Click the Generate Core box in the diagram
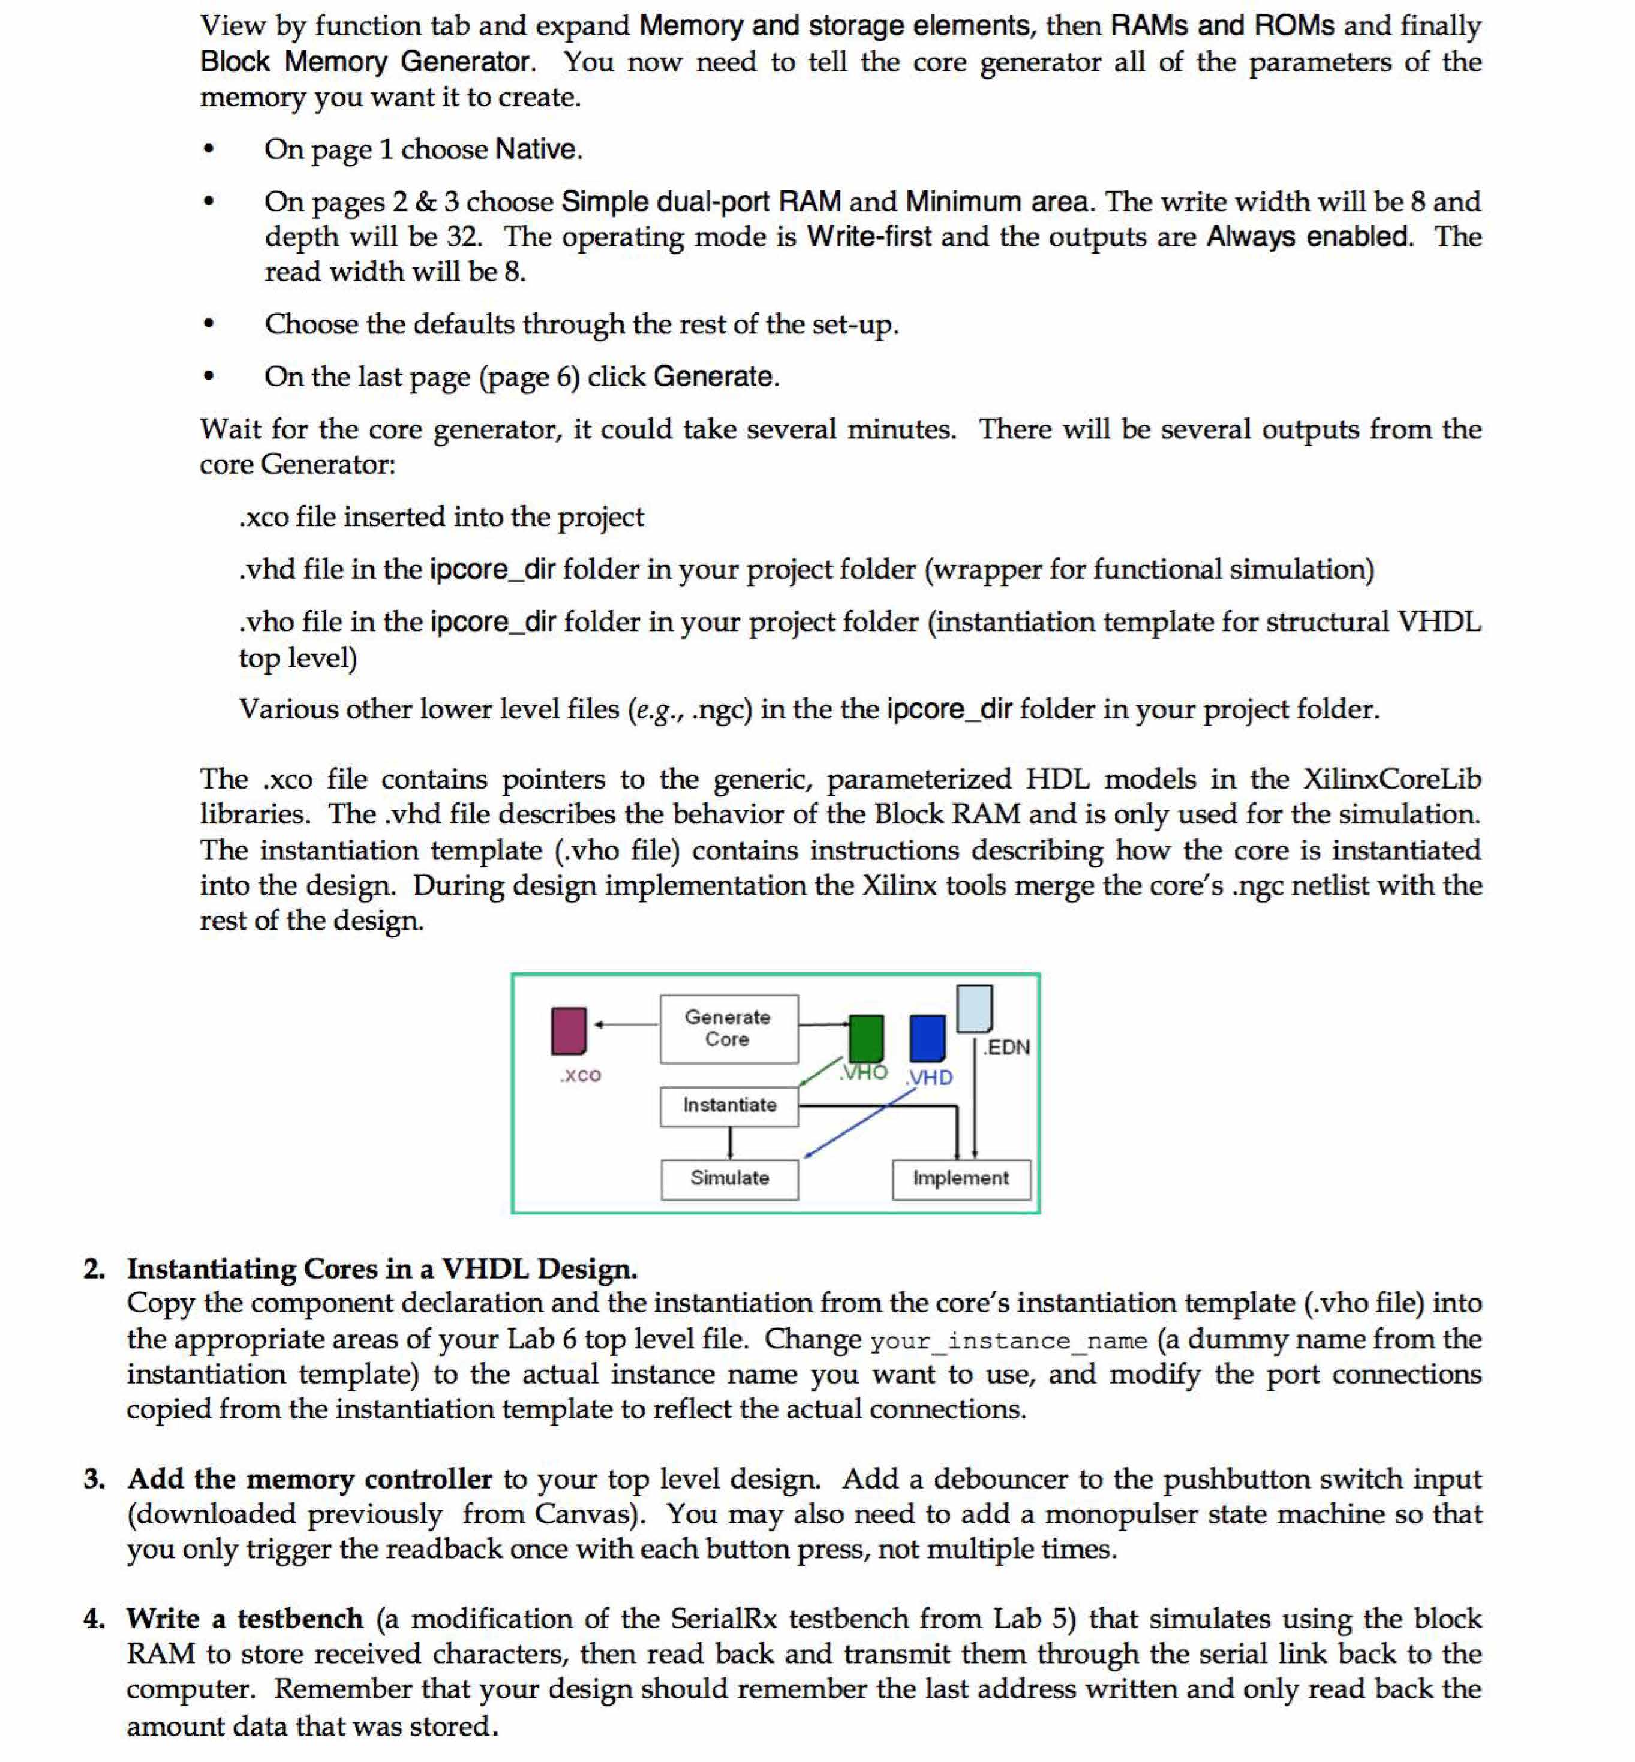(x=728, y=1028)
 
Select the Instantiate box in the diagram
(x=729, y=1106)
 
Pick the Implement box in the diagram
(x=961, y=1178)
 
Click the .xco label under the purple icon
(x=581, y=1075)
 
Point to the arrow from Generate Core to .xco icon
(x=627, y=1024)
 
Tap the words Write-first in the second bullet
(x=869, y=237)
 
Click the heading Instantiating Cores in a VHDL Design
(x=381, y=1268)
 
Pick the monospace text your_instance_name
(x=1009, y=1341)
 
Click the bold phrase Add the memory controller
(x=309, y=1479)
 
